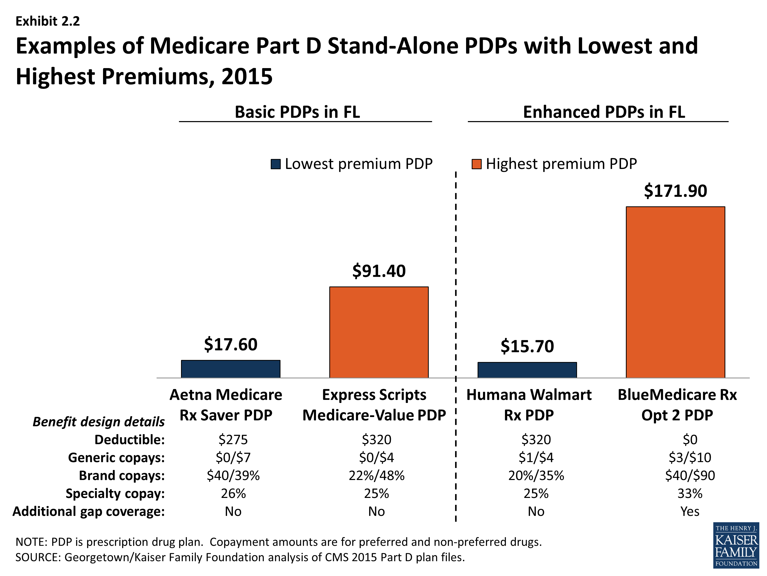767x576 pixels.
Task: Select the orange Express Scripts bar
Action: (379, 332)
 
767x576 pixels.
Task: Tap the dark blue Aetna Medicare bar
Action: (231, 369)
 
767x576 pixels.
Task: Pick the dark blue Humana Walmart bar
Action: (527, 370)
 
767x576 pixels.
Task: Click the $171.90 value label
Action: (675, 191)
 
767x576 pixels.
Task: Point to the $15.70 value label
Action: (527, 346)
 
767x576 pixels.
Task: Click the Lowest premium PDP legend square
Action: (276, 164)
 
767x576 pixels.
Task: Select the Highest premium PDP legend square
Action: (476, 164)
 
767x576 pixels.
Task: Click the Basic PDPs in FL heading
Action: (297, 112)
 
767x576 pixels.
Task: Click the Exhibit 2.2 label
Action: (48, 21)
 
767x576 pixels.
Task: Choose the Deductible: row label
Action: (129, 440)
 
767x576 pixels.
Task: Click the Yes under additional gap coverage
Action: (690, 511)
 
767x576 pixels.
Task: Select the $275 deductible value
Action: (233, 440)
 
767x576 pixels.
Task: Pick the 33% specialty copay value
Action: (690, 493)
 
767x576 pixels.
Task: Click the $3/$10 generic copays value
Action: (690, 458)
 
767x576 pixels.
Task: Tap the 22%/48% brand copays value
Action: (377, 475)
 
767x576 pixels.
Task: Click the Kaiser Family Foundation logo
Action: (736, 545)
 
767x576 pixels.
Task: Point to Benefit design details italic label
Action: (98, 421)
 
